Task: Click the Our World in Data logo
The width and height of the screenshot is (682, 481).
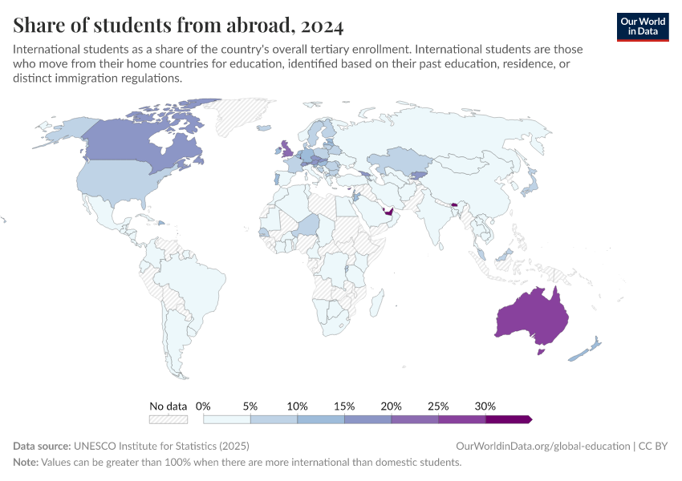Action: [642, 26]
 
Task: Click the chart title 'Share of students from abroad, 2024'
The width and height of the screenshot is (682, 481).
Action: [178, 26]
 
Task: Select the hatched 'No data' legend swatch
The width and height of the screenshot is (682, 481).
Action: [168, 419]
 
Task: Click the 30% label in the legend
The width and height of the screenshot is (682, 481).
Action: [485, 406]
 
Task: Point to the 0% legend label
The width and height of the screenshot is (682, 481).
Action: [203, 406]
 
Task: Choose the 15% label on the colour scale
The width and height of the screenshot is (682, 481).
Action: [344, 406]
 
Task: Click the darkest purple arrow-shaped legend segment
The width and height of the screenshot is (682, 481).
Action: [509, 419]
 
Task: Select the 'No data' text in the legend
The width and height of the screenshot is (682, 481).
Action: [168, 406]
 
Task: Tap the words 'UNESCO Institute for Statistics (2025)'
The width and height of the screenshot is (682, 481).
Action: [160, 446]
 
